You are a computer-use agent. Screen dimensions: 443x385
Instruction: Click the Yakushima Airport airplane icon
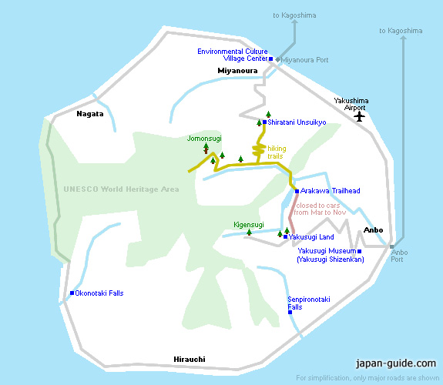point(359,116)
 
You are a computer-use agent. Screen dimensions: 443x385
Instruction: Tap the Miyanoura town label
point(237,71)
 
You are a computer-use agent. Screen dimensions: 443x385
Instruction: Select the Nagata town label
point(90,114)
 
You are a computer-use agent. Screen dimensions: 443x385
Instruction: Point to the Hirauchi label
point(190,360)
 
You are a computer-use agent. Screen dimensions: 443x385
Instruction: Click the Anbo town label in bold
point(373,230)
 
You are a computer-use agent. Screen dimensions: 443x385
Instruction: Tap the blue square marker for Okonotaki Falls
point(72,293)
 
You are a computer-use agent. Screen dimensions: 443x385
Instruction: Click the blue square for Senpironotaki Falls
point(290,312)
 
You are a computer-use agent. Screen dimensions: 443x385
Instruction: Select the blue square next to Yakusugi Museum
point(359,251)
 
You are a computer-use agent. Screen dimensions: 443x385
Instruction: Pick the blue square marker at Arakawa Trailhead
point(297,191)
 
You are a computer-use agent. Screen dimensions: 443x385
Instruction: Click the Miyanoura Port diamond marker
point(277,59)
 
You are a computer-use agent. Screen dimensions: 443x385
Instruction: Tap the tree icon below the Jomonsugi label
point(206,148)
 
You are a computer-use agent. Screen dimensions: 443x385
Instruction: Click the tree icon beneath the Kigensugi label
point(249,233)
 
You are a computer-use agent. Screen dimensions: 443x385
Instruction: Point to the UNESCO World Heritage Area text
point(121,189)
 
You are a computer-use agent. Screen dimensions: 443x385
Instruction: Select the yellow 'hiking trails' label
point(277,152)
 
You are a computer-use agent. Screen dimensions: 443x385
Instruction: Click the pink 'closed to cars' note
point(320,209)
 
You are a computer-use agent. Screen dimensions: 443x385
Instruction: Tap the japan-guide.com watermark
point(396,363)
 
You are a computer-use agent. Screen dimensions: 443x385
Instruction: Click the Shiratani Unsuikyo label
point(297,122)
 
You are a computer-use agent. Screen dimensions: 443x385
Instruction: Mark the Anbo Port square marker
point(391,246)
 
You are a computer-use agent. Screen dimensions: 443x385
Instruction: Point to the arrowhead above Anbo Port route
point(404,38)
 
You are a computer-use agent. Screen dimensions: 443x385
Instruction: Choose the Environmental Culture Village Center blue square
point(270,59)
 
